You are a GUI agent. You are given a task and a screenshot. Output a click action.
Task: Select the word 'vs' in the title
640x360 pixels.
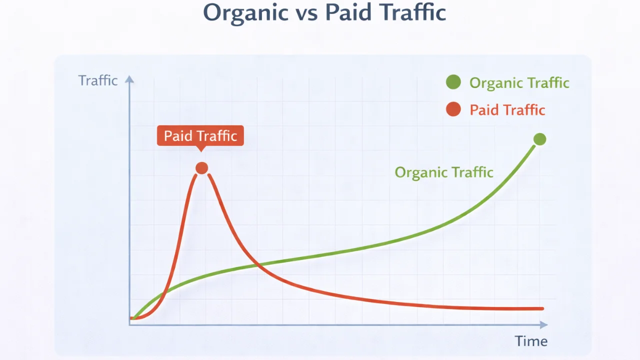point(304,13)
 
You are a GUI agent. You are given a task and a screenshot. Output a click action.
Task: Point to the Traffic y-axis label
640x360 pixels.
point(98,80)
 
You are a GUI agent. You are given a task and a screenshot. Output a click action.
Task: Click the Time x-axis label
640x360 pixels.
point(531,341)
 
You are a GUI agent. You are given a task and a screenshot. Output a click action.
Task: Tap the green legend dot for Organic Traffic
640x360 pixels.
point(453,82)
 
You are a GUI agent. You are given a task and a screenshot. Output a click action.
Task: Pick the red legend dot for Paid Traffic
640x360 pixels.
point(453,109)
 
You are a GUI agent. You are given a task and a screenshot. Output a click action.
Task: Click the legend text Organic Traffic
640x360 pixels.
point(519,82)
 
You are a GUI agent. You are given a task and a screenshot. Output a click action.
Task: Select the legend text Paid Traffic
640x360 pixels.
point(507,109)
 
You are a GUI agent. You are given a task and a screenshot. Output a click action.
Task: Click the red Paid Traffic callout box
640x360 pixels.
point(200,135)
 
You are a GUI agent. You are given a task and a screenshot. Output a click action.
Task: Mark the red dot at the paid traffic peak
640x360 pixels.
point(201,168)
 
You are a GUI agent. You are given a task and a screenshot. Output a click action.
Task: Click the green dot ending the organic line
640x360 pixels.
point(539,139)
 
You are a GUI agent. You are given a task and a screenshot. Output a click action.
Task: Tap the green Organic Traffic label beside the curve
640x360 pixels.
point(444,172)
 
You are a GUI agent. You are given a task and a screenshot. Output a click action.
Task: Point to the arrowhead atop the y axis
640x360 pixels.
point(129,79)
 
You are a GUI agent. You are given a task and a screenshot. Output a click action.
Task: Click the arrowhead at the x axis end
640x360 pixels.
point(543,325)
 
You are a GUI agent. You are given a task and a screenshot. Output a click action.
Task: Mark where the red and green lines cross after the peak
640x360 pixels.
point(258,264)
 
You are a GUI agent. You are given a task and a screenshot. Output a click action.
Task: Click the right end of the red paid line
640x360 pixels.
point(542,308)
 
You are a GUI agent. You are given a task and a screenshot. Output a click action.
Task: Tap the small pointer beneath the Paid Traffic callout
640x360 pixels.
point(200,148)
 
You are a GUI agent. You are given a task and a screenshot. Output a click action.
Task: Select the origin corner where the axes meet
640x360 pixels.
point(129,325)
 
